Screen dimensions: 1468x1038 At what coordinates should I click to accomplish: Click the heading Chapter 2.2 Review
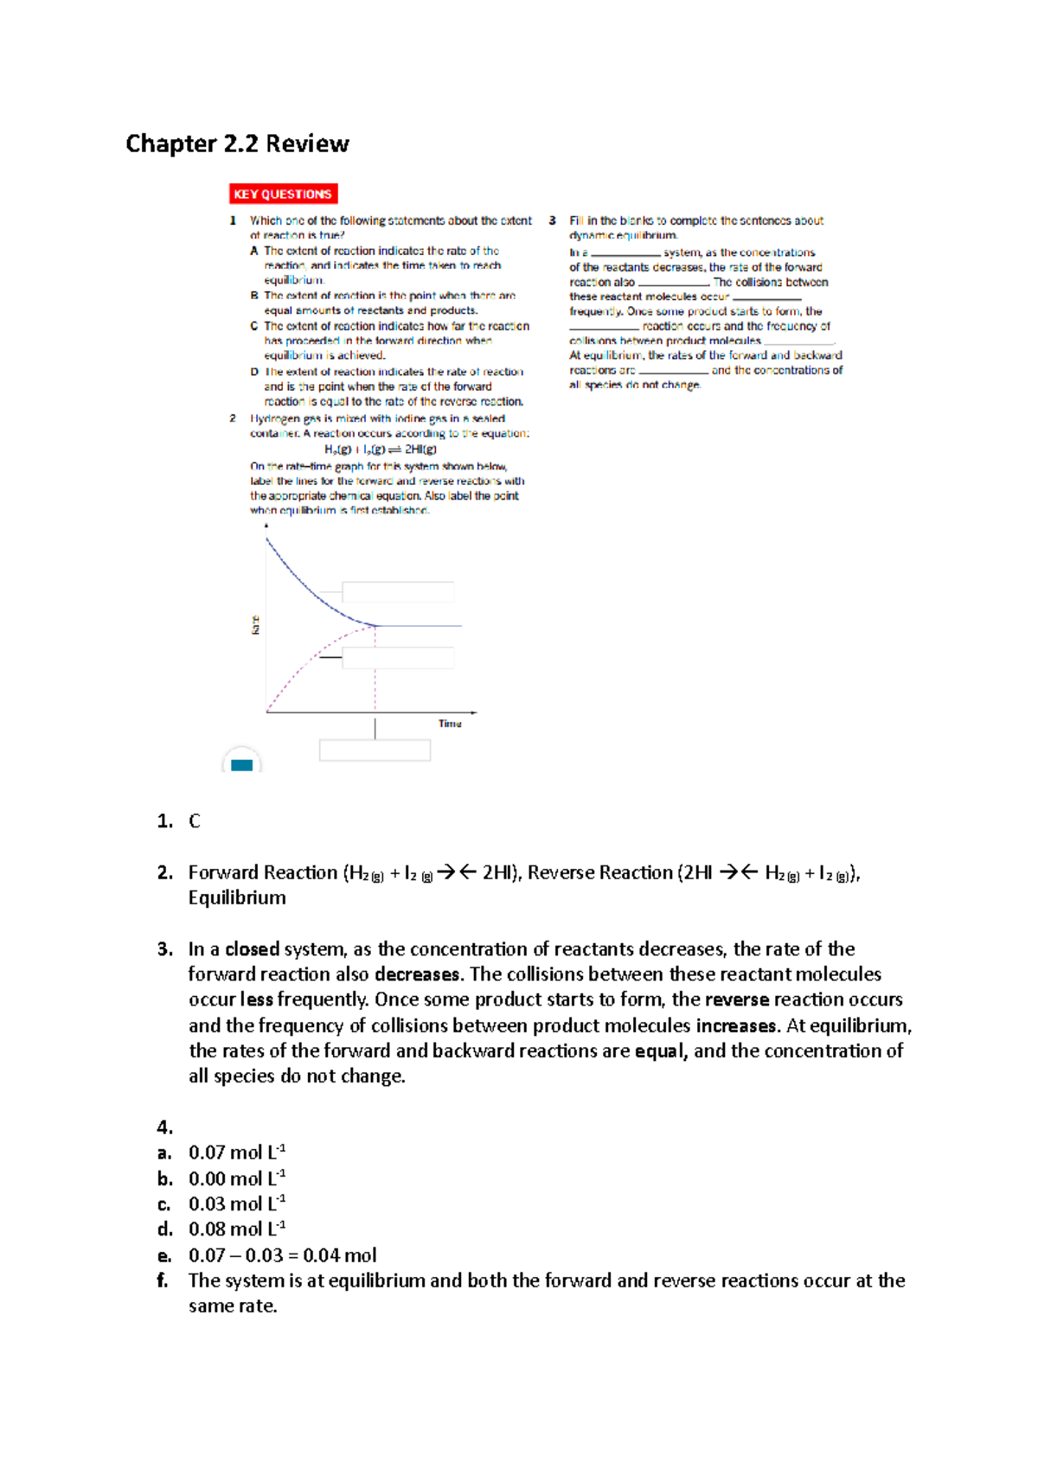coord(237,144)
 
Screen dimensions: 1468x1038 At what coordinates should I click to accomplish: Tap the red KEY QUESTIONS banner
coord(283,194)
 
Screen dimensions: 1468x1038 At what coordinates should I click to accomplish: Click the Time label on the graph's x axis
coord(450,724)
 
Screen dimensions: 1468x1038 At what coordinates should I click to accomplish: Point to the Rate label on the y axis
coord(255,624)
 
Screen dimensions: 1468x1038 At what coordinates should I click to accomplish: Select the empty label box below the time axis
coord(375,750)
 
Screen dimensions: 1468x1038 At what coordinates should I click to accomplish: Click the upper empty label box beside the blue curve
coord(398,592)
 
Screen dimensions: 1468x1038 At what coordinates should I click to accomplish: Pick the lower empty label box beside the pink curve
coord(398,658)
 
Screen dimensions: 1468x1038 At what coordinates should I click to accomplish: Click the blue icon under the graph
coord(242,764)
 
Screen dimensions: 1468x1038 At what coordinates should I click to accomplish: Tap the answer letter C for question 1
coord(195,821)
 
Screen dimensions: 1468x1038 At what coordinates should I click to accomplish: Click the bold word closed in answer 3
coord(252,949)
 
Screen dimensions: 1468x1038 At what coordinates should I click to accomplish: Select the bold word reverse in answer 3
coord(736,1000)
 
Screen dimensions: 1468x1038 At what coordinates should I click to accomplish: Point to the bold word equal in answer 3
coord(660,1051)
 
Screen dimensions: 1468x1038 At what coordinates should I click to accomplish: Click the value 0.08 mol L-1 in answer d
coord(237,1229)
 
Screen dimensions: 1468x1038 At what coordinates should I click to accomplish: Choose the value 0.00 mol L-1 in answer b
coord(237,1178)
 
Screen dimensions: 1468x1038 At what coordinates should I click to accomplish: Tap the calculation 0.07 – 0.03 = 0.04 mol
coord(282,1255)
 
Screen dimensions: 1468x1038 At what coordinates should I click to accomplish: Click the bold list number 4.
coord(164,1127)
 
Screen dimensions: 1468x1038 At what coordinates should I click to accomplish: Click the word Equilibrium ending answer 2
coord(237,898)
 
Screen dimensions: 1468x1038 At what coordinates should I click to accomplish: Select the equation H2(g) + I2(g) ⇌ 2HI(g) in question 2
coord(381,450)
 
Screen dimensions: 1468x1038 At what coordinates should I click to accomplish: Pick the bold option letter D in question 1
coord(254,372)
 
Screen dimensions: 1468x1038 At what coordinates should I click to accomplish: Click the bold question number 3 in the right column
coord(552,220)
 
